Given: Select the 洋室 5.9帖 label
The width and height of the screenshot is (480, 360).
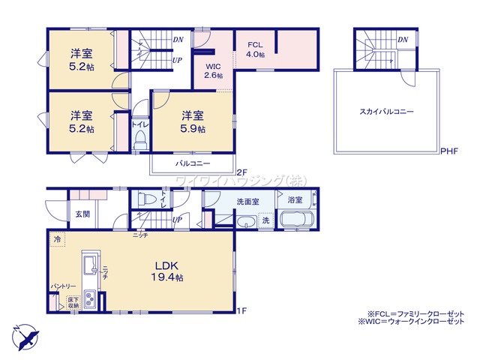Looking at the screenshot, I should [193, 121].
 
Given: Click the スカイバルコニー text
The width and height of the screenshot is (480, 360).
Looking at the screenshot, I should [386, 111].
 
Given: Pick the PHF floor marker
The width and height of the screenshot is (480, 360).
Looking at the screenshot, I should [449, 151].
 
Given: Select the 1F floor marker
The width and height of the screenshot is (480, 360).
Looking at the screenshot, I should [241, 310].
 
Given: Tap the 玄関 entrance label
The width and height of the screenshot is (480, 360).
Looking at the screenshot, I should [82, 214].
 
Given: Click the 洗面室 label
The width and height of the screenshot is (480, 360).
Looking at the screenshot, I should [247, 201].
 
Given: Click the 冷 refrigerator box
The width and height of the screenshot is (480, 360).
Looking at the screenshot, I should [57, 239].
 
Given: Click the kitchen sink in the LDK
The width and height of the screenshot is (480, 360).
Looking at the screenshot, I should [89, 264].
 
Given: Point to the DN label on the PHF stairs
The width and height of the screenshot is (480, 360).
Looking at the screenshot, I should [403, 39].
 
